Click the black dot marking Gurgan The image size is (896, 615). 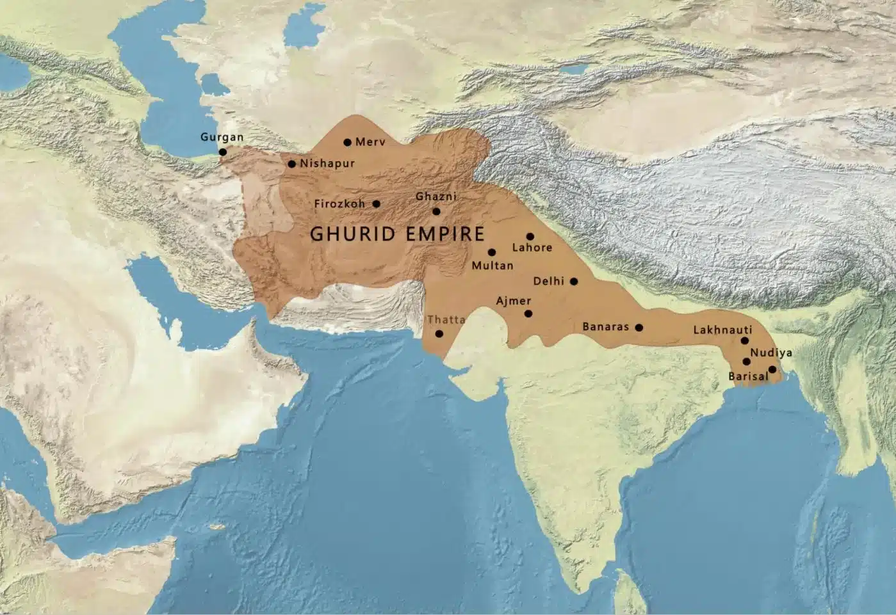tap(222, 152)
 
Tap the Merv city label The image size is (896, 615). tap(370, 142)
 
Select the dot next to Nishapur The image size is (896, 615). tap(292, 164)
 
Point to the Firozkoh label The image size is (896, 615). tap(339, 204)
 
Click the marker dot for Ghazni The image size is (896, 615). tap(436, 211)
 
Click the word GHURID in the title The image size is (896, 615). tap(353, 234)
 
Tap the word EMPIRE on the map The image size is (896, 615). tap(443, 234)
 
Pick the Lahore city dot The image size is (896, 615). tap(530, 236)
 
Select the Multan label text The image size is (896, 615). tap(492, 265)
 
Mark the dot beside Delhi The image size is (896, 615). tap(574, 282)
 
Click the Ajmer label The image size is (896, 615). tap(513, 301)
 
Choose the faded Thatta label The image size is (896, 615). tap(446, 319)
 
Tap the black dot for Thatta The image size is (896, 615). tap(439, 333)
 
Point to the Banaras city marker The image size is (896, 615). tap(639, 327)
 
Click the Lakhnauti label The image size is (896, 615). tap(722, 330)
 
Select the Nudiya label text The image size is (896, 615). tap(771, 353)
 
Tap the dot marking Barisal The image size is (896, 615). tap(772, 369)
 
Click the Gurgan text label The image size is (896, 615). tap(222, 137)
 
